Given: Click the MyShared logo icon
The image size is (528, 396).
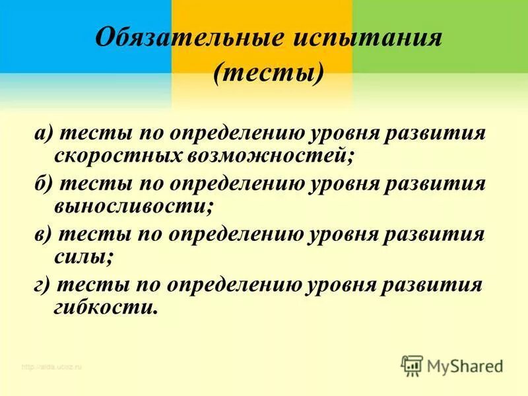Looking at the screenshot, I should (x=412, y=365).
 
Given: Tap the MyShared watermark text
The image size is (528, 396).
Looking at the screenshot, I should (x=465, y=365).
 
